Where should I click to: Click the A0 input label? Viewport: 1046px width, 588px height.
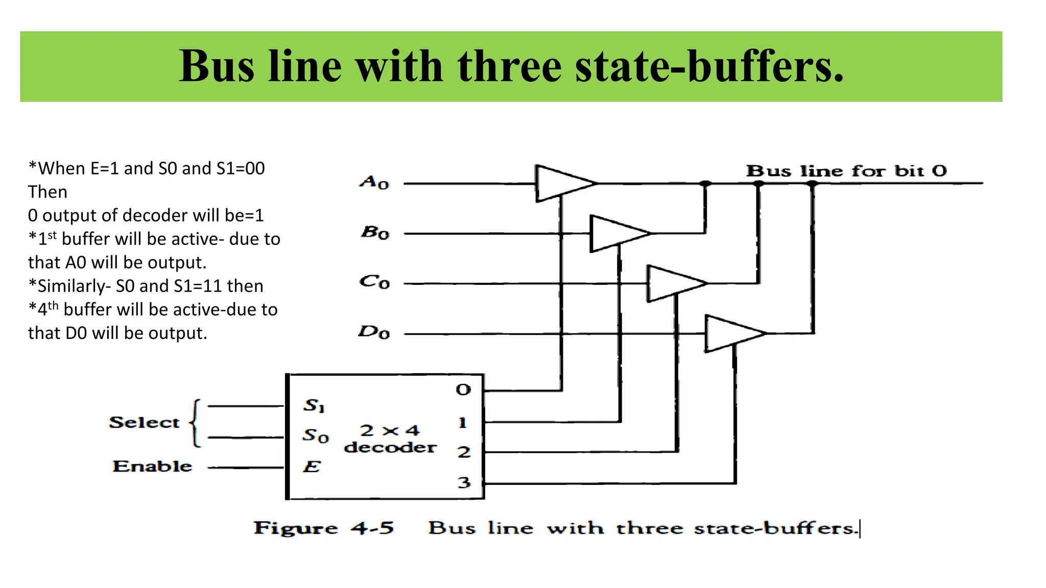tap(374, 182)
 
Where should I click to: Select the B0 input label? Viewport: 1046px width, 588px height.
tap(375, 233)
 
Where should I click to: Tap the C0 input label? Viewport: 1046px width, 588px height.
tap(374, 282)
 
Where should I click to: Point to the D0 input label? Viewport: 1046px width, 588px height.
tap(374, 332)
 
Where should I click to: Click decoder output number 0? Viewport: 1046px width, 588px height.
tap(463, 390)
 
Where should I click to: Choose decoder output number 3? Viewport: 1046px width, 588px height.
tap(464, 482)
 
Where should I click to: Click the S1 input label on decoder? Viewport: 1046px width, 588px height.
tap(314, 406)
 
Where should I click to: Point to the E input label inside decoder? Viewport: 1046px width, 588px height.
tap(312, 467)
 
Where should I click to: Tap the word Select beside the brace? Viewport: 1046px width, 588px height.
tap(144, 423)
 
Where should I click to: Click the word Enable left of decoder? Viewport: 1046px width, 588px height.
tap(152, 466)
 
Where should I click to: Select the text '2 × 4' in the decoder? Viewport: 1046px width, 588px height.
tap(390, 430)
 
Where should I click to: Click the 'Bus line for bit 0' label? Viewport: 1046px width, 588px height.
tap(846, 170)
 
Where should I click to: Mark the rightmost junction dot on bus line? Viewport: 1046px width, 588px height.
tap(812, 183)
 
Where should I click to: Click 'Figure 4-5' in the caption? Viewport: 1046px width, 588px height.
tap(324, 528)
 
